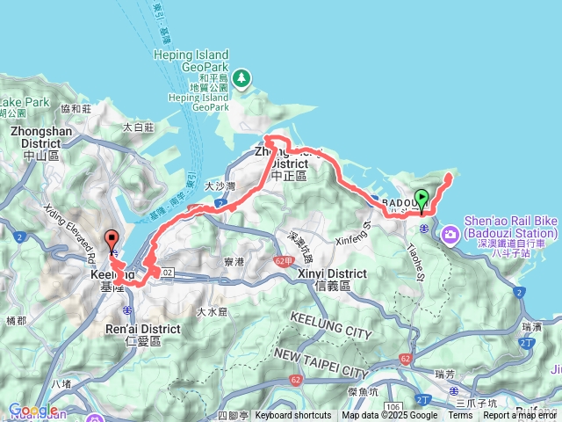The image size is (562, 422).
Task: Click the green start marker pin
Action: (x=421, y=200)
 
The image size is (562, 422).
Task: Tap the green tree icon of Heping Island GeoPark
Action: (x=242, y=80)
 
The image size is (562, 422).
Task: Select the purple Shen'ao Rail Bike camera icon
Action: (x=450, y=233)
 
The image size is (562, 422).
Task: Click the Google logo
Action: (x=33, y=410)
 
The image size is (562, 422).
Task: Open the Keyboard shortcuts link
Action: (x=293, y=416)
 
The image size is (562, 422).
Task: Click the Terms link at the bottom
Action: (x=460, y=416)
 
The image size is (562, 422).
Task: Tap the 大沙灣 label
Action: (x=220, y=186)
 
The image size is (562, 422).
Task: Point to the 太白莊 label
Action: (x=139, y=127)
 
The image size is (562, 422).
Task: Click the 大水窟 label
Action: (x=212, y=310)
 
